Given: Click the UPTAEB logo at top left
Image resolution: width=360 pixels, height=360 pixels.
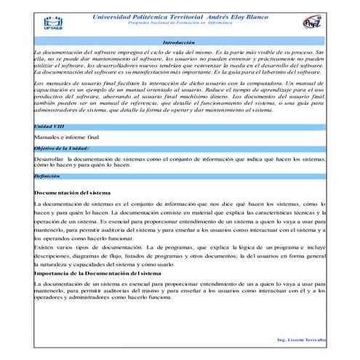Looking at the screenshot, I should (52, 23).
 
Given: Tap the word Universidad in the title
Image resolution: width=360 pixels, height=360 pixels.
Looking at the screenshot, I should (113, 16).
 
